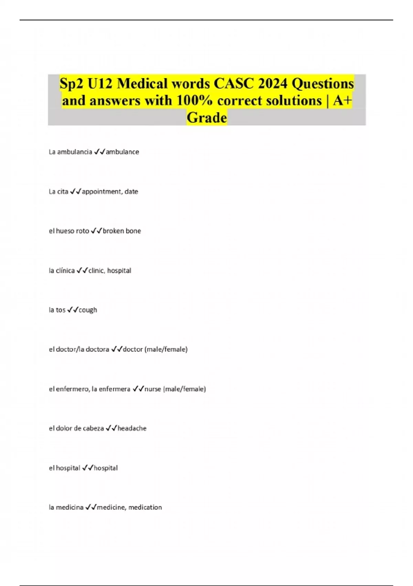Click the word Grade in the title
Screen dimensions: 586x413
pos(207,118)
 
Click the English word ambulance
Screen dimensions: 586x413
pos(123,152)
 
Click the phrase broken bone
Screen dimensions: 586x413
pos(122,231)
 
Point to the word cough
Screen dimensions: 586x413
pos(88,310)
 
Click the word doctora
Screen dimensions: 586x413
pos(97,350)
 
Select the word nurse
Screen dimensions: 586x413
pos(153,389)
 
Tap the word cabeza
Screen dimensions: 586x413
pos(93,428)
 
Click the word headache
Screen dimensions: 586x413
pos(132,428)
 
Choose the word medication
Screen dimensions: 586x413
pos(145,507)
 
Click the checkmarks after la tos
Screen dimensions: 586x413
pos(73,310)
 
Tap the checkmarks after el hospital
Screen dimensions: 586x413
pos(88,468)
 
